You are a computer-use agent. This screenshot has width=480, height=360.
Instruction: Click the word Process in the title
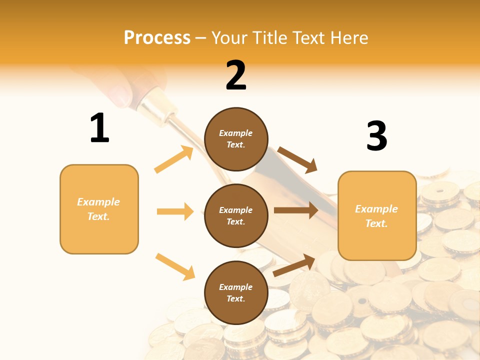(x=157, y=38)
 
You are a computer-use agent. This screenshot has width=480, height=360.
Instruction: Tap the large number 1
(x=99, y=128)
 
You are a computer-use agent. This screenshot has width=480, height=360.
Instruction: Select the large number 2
(x=236, y=75)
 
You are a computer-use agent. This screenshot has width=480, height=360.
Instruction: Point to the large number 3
(x=376, y=136)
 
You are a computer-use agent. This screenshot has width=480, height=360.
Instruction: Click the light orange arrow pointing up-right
(x=174, y=159)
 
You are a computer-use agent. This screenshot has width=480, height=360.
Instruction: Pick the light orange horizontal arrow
(x=175, y=211)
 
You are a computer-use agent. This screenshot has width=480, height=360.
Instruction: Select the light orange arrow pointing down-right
(x=175, y=266)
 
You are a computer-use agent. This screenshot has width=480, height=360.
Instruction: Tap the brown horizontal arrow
(x=295, y=210)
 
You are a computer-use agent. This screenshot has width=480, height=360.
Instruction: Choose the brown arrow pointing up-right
(x=294, y=265)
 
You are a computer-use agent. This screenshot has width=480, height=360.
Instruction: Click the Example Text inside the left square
(x=98, y=209)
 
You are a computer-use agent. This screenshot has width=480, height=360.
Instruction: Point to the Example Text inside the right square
(x=376, y=216)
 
